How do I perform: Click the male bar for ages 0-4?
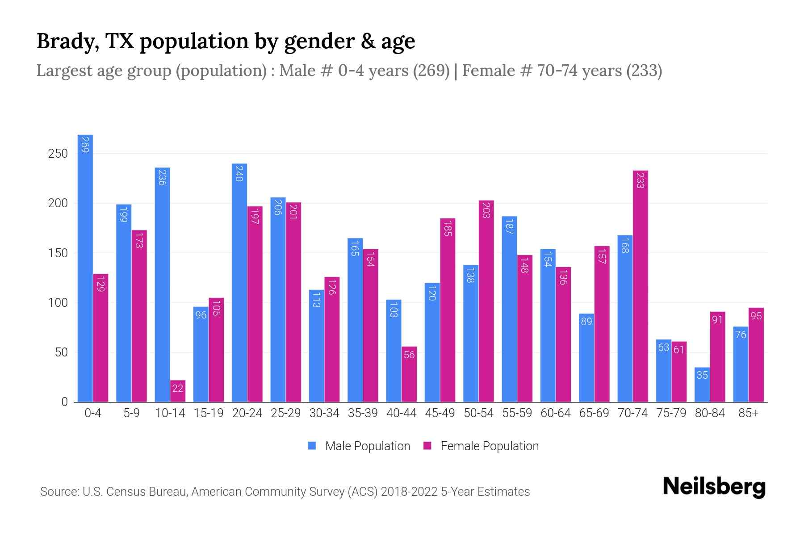[85, 268]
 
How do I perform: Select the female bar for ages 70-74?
[641, 286]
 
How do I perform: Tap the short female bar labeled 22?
[178, 391]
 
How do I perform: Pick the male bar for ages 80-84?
[702, 384]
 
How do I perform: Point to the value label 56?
[409, 355]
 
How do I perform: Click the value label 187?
[509, 227]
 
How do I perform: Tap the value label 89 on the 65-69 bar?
[586, 322]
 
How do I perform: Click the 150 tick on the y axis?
[58, 253]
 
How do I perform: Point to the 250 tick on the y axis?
[58, 154]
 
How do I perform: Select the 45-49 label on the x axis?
[440, 413]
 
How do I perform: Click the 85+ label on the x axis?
[748, 413]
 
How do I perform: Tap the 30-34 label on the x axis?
[324, 413]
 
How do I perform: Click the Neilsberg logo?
[714, 486]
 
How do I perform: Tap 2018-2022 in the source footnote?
[409, 492]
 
